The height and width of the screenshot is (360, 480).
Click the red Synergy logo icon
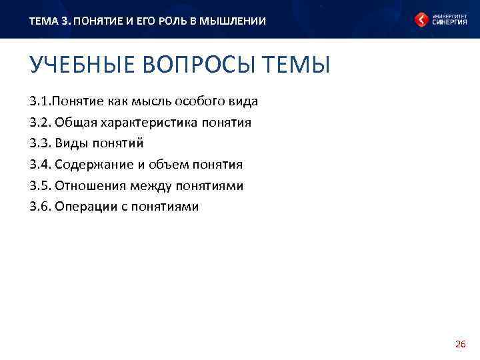click(x=421, y=20)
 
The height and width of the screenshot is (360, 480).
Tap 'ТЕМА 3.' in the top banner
click(x=49, y=21)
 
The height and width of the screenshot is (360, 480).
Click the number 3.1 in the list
click(x=39, y=101)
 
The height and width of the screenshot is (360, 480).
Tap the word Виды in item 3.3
click(x=71, y=143)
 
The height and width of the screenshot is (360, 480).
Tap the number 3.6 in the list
click(x=39, y=207)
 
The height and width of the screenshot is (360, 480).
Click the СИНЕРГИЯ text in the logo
click(x=449, y=22)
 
